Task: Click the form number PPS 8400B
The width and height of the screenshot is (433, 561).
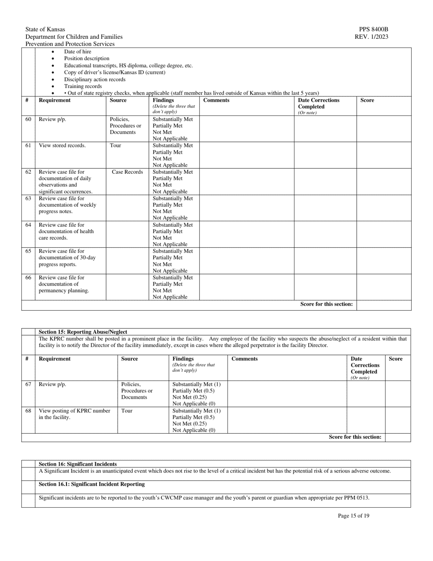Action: (x=373, y=29)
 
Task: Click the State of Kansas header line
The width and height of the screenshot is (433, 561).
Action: (x=45, y=29)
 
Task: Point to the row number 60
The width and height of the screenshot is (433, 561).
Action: (x=28, y=119)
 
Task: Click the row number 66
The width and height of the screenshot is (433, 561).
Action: (x=28, y=277)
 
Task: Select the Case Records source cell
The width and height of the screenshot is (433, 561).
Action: (x=127, y=172)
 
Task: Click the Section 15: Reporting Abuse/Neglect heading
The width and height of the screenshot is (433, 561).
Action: (x=83, y=332)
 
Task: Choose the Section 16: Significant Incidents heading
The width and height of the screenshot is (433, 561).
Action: (x=77, y=464)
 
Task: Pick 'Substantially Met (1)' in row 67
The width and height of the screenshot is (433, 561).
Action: (x=196, y=384)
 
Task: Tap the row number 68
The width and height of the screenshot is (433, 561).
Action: (x=28, y=410)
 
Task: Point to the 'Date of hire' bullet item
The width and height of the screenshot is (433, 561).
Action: (x=77, y=52)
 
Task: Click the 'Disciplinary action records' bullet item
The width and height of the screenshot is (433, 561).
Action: (x=94, y=79)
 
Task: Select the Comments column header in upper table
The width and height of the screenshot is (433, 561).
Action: (x=216, y=100)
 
